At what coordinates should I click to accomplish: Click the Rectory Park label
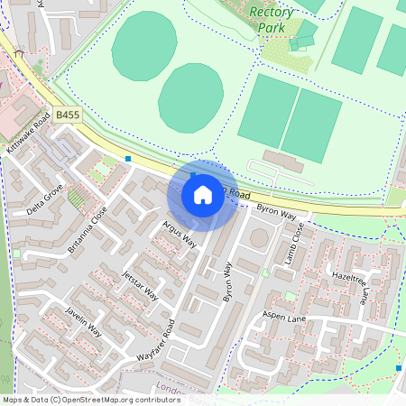point(272,20)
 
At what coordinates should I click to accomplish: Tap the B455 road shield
point(67,116)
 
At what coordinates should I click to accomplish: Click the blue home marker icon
point(203,194)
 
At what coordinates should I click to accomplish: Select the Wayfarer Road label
point(156,340)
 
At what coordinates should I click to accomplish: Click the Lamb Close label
point(291,245)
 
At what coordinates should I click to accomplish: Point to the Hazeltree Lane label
point(351,281)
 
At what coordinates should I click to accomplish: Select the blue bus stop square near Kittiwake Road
point(129,159)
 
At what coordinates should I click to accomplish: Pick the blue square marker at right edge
point(399,368)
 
